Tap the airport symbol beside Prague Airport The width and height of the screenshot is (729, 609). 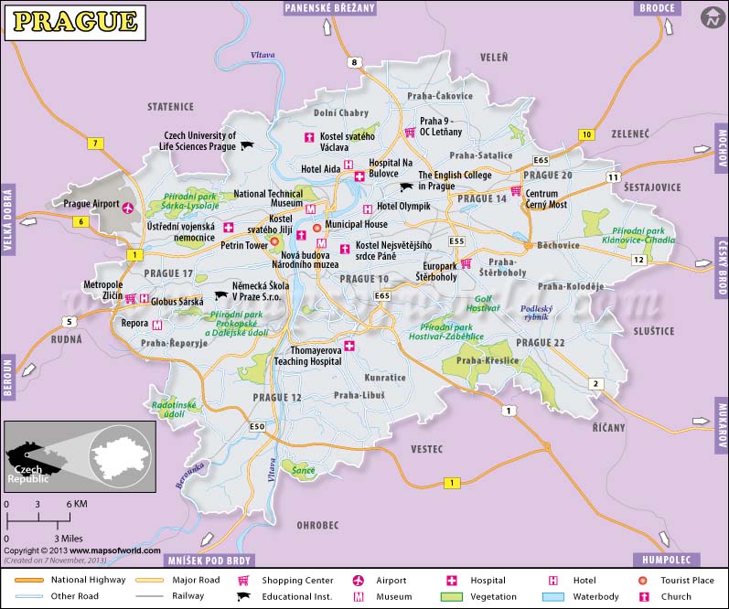pos(127,207)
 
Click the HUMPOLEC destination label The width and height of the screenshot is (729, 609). pos(666,560)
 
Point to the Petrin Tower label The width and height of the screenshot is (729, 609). pos(244,245)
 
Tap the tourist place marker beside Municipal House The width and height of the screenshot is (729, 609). pos(316,227)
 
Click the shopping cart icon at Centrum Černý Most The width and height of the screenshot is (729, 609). pos(517,191)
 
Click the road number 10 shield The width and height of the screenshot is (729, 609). pos(585,135)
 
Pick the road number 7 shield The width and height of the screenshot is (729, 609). pos(94,144)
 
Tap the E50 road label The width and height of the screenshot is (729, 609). pos(257,427)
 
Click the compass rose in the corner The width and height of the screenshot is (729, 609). pos(711,17)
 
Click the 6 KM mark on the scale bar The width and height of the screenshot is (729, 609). pos(76,505)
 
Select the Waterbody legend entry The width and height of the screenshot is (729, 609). pos(596,597)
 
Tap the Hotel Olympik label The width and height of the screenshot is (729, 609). pos(403,208)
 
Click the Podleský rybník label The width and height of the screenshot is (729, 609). pos(538,314)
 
